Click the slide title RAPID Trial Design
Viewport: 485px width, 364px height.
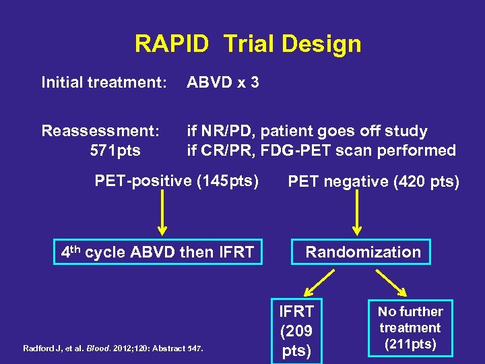click(x=248, y=44)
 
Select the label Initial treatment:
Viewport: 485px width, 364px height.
click(x=104, y=83)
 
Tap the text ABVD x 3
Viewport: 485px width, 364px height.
click(x=223, y=83)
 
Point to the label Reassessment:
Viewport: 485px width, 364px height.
click(x=101, y=131)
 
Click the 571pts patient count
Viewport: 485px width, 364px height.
click(x=115, y=150)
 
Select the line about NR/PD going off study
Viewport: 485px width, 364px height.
click(x=306, y=131)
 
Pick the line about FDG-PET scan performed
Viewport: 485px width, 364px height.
click(x=321, y=150)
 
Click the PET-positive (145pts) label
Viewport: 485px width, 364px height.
click(x=176, y=181)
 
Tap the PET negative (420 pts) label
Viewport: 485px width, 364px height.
click(x=373, y=182)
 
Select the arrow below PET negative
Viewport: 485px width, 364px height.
click(x=357, y=214)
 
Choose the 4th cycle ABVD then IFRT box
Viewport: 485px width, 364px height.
click(x=158, y=252)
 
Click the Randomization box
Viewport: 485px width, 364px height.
click(x=362, y=252)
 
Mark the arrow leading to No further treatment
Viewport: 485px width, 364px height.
click(x=393, y=281)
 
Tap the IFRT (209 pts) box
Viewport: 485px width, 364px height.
click(x=296, y=331)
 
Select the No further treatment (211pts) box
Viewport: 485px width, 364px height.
click(x=410, y=328)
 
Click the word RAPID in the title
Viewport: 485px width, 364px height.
click(x=174, y=44)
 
